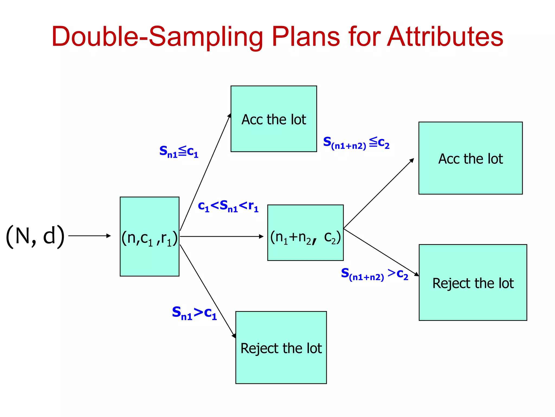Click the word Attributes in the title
[445, 37]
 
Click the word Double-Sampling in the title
[157, 37]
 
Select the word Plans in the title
[305, 37]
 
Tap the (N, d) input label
[35, 236]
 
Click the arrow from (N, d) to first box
[89, 236]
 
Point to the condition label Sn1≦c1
[179, 151]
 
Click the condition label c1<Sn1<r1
[228, 206]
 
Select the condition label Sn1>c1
[194, 313]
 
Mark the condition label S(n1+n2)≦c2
[356, 143]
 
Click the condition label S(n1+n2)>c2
[374, 274]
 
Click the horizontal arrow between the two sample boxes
[222, 236]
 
